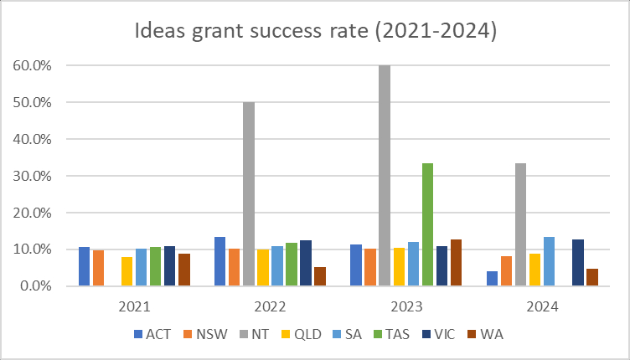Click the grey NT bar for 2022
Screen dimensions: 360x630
(249, 193)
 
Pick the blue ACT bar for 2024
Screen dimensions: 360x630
(493, 279)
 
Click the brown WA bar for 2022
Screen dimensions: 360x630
(320, 276)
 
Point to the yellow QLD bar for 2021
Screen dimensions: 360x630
(127, 271)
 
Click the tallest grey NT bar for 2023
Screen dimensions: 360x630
(385, 175)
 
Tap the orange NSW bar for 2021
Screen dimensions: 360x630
(98, 268)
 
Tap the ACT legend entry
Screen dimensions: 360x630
(155, 334)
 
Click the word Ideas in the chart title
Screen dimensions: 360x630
(161, 33)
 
